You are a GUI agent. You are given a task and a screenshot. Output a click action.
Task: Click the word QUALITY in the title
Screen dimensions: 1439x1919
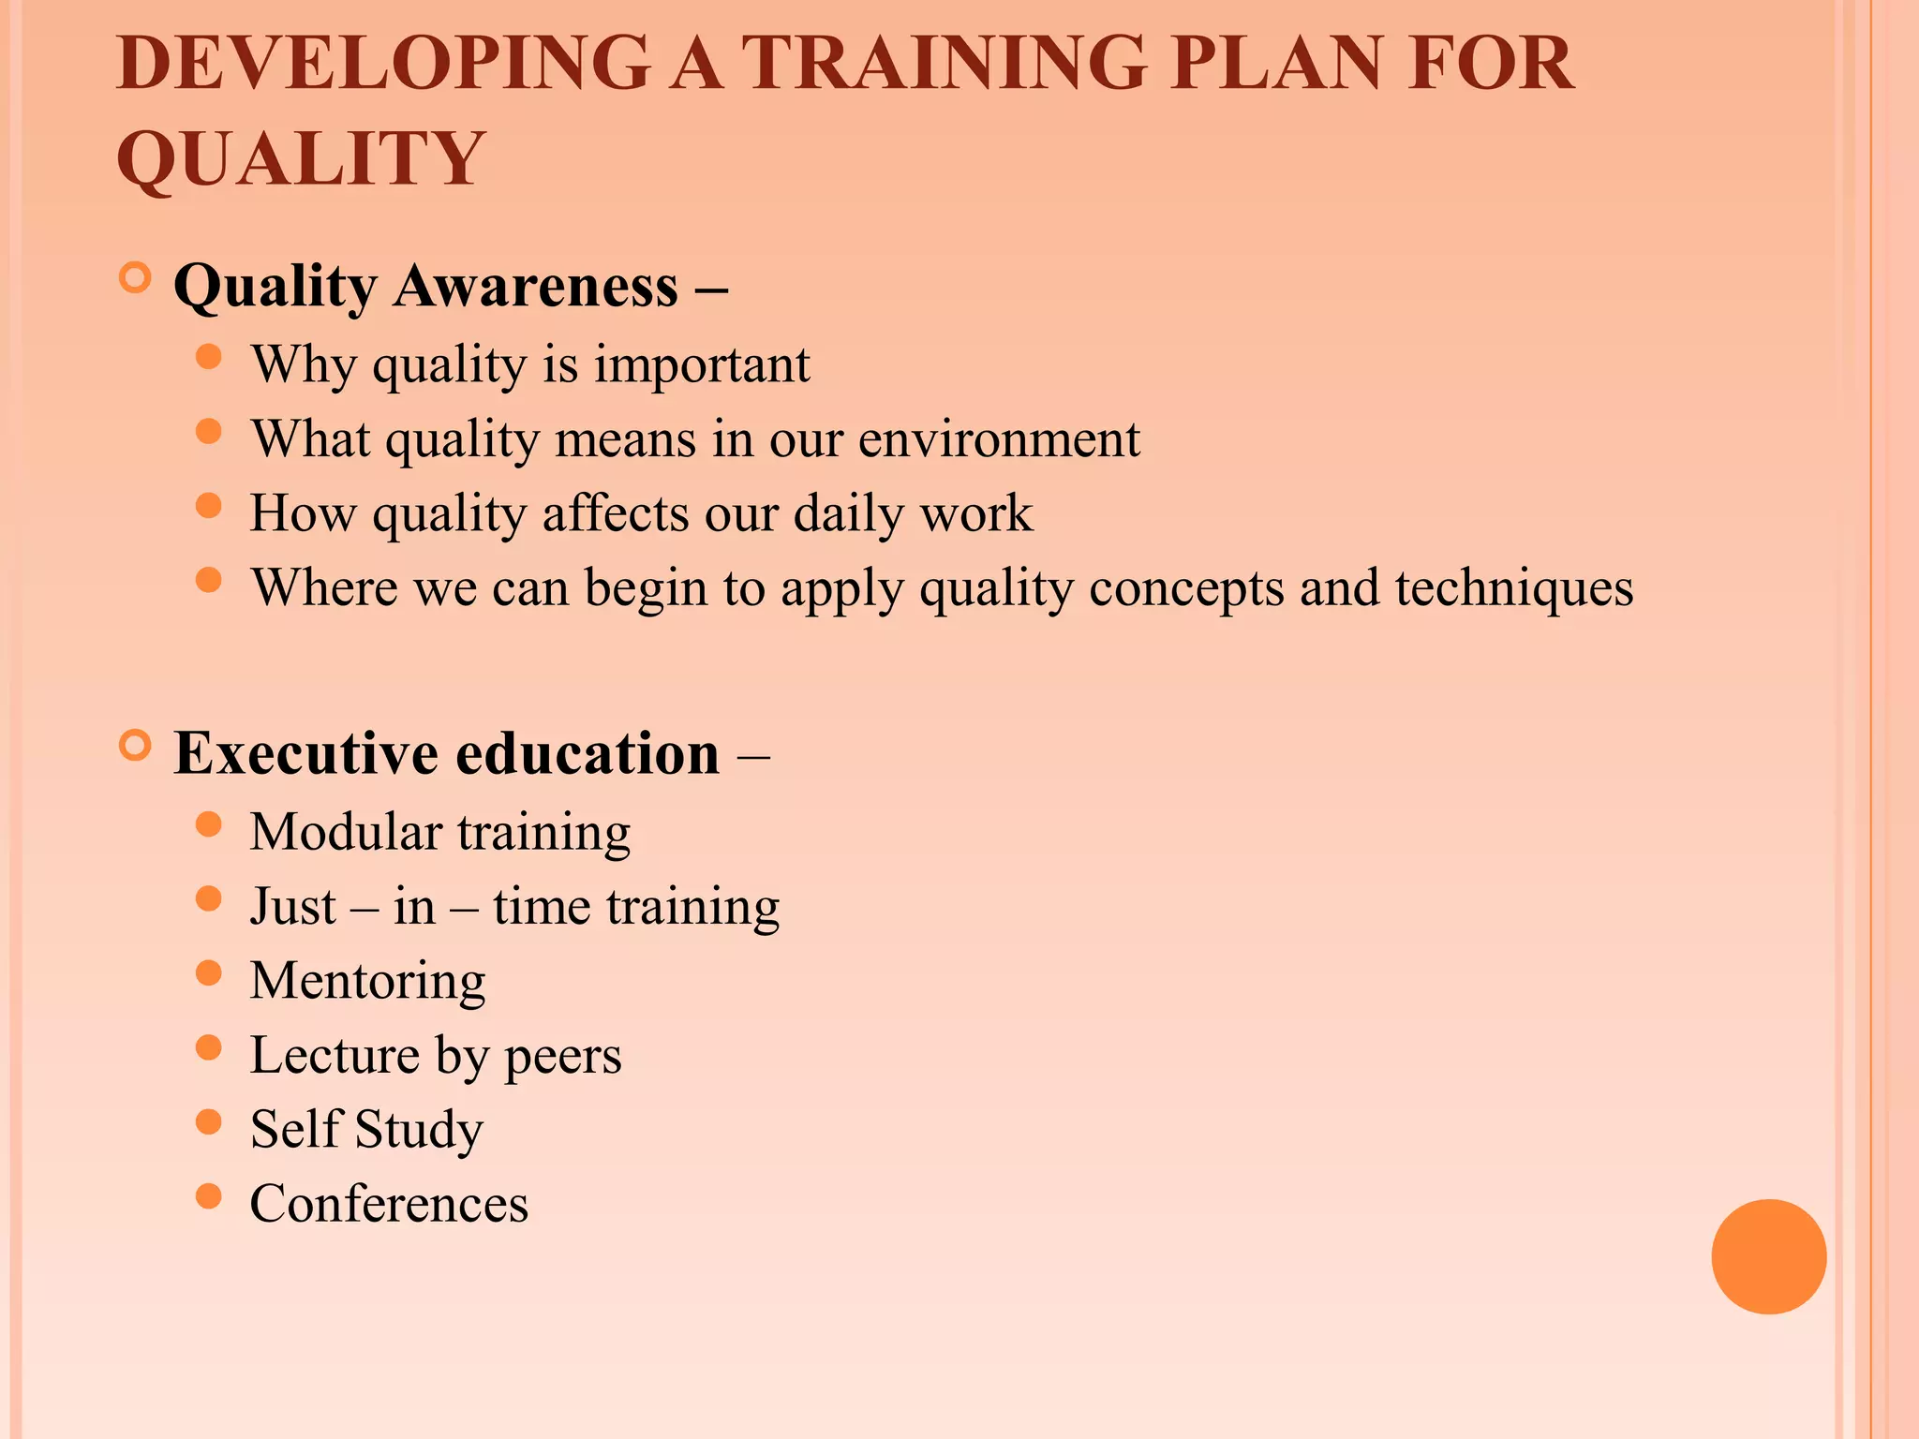pos(301,158)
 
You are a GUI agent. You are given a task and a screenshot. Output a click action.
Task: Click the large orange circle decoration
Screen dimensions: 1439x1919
pos(1768,1256)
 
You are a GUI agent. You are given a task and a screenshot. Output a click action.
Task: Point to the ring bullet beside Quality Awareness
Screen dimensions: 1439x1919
pos(136,278)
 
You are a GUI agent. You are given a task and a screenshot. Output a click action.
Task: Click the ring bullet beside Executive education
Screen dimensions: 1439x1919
pos(136,746)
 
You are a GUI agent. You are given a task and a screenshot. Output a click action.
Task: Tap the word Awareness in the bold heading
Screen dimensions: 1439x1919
pos(535,286)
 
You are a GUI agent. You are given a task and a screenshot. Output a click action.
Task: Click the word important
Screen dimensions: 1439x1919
pos(702,364)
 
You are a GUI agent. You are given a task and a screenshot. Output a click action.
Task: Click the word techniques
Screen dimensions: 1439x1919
pos(1513,588)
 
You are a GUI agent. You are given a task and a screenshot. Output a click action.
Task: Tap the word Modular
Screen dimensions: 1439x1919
pos(346,832)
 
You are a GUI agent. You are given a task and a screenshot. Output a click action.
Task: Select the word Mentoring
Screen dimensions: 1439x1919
pos(367,982)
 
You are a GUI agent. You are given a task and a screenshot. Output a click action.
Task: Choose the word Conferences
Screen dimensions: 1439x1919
pos(389,1204)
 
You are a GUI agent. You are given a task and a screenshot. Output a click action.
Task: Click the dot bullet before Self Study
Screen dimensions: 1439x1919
pos(208,1121)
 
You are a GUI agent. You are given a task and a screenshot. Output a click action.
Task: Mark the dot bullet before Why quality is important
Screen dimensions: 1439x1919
pos(208,357)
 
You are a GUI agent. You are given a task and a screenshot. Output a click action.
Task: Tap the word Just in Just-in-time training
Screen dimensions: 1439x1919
pos(292,907)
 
